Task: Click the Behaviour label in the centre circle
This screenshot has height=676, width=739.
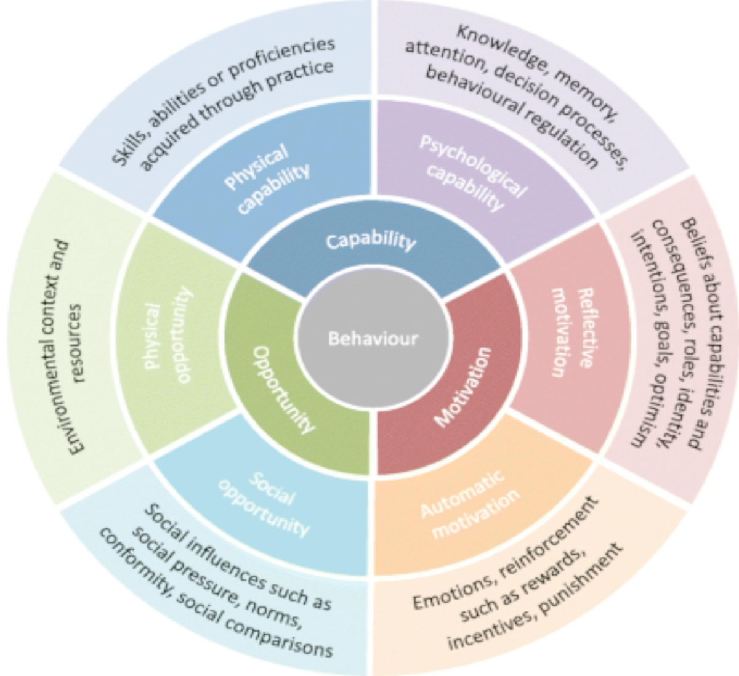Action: point(373,339)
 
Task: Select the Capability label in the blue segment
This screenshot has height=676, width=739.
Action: point(371,240)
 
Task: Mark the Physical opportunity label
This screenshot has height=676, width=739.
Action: point(168,336)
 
